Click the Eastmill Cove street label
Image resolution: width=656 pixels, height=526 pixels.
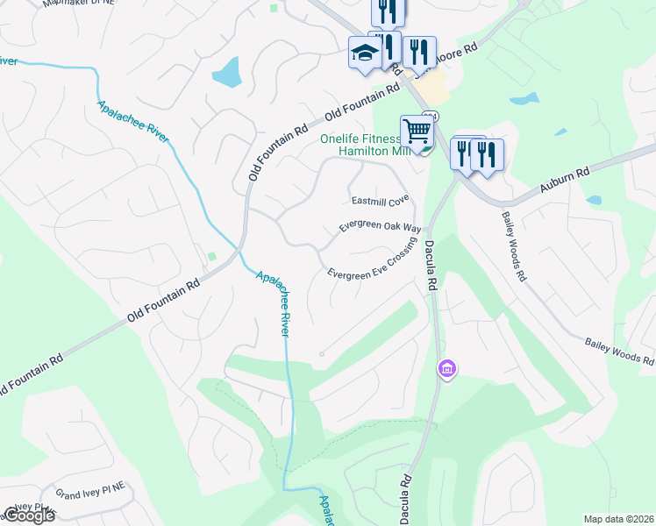click(x=381, y=200)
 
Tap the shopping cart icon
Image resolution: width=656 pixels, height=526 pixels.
click(x=417, y=131)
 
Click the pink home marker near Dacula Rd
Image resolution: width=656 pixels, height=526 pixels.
click(x=447, y=369)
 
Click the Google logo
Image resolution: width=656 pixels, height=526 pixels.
click(x=28, y=515)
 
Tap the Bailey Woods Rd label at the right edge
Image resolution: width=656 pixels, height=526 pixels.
click(x=620, y=353)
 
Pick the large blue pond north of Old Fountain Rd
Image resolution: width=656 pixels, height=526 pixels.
click(x=225, y=72)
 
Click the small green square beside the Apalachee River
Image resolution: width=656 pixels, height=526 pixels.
click(x=210, y=256)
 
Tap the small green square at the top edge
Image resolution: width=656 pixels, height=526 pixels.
click(x=275, y=9)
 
